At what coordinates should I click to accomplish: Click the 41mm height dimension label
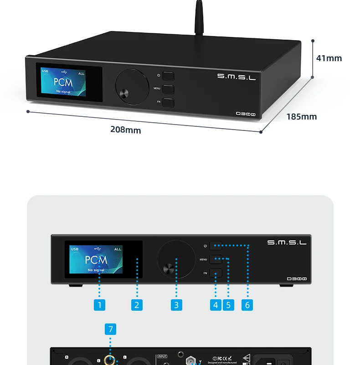tap(329, 58)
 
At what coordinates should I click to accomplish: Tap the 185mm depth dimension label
tap(301, 116)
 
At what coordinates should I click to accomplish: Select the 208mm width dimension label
tap(125, 130)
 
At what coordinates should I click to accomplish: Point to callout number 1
tap(99, 305)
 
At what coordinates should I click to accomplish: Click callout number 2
tap(137, 305)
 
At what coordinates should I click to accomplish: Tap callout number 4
tap(216, 305)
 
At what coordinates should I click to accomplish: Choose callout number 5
tap(228, 305)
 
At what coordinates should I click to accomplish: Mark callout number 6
tap(247, 305)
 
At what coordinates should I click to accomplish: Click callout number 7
tap(110, 328)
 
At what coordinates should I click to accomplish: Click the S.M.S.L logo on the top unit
tap(236, 77)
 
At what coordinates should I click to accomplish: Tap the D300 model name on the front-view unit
tap(297, 278)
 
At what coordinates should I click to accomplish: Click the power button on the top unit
tap(168, 76)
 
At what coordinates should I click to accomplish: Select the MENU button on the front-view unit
tap(216, 260)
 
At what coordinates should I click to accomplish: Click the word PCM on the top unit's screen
tap(63, 83)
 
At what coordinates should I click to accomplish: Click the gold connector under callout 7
tap(110, 361)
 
